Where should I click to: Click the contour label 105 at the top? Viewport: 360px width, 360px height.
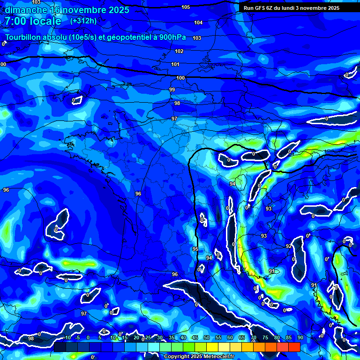pyautogui.click(x=186, y=7)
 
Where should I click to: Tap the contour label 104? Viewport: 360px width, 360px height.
pyautogui.click(x=198, y=22)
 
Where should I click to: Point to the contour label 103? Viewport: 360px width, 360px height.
pyautogui.click(x=197, y=38)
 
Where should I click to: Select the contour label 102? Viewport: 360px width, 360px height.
pyautogui.click(x=179, y=51)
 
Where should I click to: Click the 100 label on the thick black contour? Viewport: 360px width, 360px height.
pyautogui.click(x=180, y=78)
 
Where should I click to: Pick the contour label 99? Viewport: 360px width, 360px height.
pyautogui.click(x=172, y=90)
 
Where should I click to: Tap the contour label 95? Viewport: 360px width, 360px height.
pyautogui.click(x=195, y=249)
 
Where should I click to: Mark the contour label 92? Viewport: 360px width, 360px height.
pyautogui.click(x=289, y=246)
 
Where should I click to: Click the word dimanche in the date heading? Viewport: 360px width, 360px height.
pyautogui.click(x=26, y=10)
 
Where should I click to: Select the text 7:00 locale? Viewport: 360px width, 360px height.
pyautogui.click(x=33, y=21)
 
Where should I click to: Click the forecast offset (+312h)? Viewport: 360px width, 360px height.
pyautogui.click(x=83, y=21)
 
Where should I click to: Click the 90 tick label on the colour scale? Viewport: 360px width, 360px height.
pyautogui.click(x=300, y=338)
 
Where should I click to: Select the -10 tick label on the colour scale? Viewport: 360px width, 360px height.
pyautogui.click(x=67, y=338)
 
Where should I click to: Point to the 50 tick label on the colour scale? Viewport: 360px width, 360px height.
pyautogui.click(x=206, y=338)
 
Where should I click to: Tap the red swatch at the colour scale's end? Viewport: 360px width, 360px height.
pyautogui.click(x=294, y=347)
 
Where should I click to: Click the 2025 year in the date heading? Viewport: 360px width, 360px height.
pyautogui.click(x=119, y=10)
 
